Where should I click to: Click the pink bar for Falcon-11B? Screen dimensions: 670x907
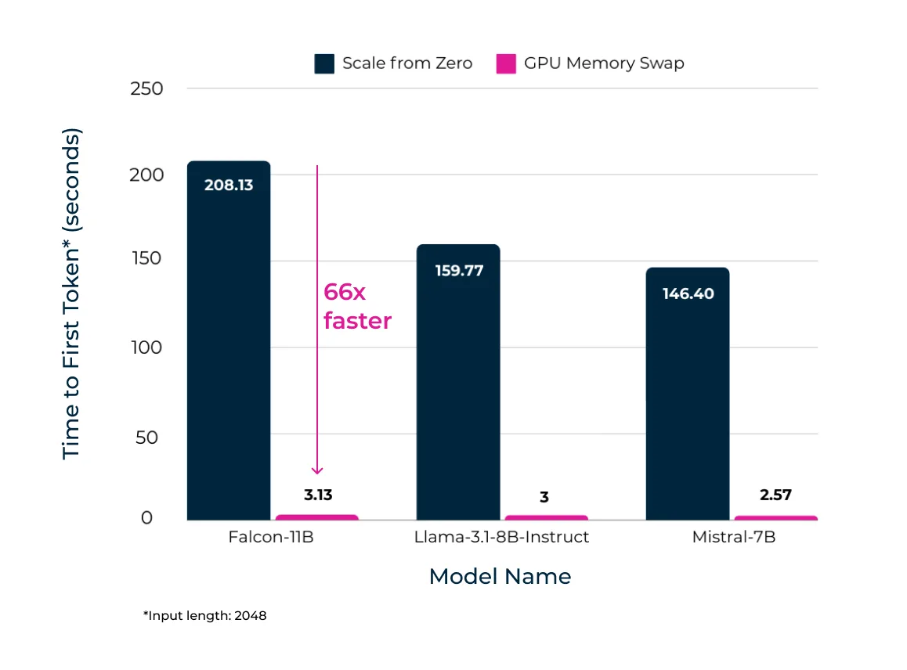pos(317,517)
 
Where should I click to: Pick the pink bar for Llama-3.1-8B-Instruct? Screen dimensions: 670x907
pos(546,517)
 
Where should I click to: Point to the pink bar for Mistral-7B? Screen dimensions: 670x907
pos(775,517)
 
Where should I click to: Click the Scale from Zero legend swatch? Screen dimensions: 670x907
pos(324,63)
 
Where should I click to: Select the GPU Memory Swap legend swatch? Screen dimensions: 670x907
pos(506,63)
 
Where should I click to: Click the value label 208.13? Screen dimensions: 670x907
pos(229,186)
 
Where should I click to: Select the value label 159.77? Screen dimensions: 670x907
pos(458,271)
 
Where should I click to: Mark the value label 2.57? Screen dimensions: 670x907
pos(775,495)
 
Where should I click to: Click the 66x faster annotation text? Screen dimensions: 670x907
pos(357,306)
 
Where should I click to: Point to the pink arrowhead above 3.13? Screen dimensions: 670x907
pos(317,470)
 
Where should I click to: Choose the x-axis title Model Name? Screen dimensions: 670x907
pos(500,577)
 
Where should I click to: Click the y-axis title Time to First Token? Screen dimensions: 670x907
pos(71,294)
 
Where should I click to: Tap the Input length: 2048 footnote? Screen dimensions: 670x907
pos(204,616)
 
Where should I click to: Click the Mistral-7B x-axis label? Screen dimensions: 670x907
pos(733,538)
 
